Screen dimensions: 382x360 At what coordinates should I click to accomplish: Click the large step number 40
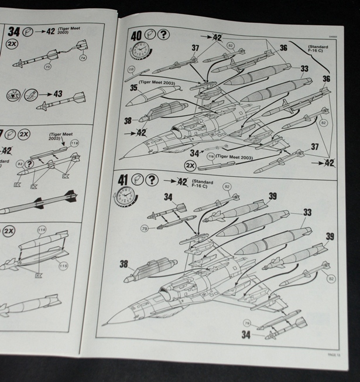coord(136,36)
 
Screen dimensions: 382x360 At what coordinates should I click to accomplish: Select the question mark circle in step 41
coord(152,180)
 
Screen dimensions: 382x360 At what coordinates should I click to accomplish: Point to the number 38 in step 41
coord(124,264)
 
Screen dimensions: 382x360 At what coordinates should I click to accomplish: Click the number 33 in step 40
coord(304,69)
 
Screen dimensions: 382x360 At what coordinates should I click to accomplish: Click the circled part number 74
coord(83,57)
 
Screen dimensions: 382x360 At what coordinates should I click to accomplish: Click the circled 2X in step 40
coord(190,165)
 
